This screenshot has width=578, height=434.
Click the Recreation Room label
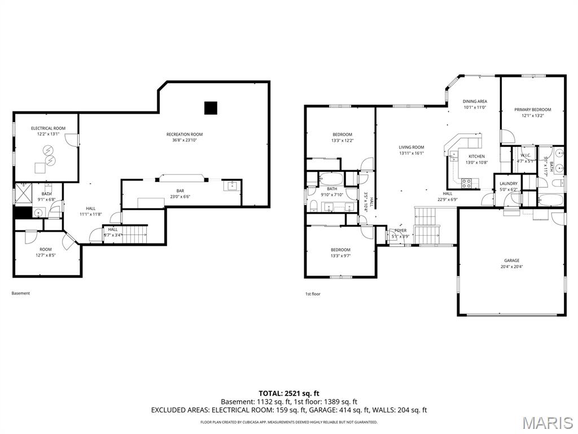(x=184, y=134)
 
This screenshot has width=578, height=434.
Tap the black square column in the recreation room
(x=211, y=108)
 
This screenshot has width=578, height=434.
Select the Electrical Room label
(x=48, y=128)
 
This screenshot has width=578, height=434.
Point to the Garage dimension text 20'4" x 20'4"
(x=512, y=267)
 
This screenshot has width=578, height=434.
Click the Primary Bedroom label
(x=532, y=110)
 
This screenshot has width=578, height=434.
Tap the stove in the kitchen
(x=467, y=183)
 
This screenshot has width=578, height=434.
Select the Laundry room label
(x=509, y=184)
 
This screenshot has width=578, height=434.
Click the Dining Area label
(x=475, y=101)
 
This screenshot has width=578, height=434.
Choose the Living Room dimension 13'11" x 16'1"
(x=411, y=153)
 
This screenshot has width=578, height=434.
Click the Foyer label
(x=400, y=231)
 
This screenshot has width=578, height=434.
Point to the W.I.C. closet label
(x=525, y=155)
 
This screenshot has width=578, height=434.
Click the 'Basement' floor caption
(x=21, y=293)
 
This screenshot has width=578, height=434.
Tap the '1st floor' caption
(x=313, y=294)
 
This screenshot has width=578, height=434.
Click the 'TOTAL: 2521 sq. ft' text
(x=289, y=393)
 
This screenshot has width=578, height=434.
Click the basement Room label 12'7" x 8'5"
(x=46, y=249)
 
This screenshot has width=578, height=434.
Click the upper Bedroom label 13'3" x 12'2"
(x=342, y=134)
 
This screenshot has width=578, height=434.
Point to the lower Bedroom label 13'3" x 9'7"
(x=340, y=250)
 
